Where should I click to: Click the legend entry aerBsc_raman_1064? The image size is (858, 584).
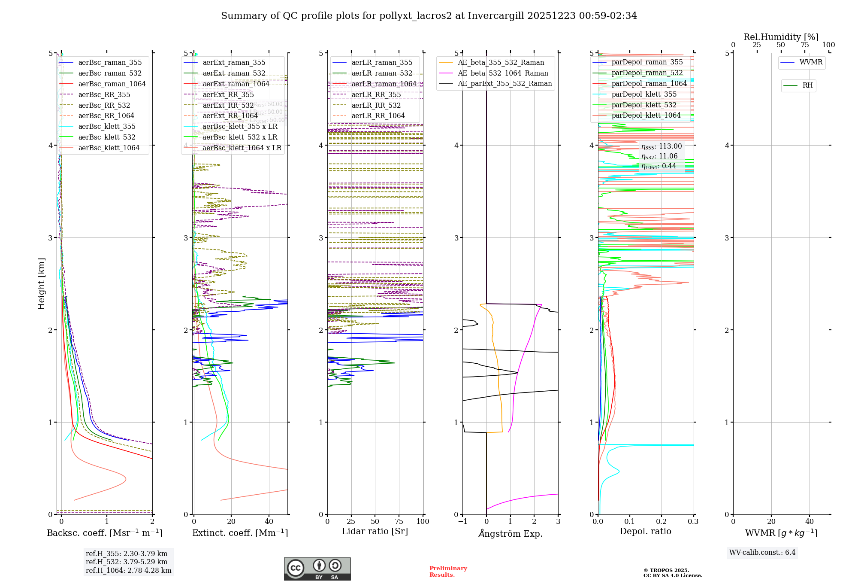pos(112,84)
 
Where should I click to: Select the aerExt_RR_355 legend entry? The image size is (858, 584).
pos(228,95)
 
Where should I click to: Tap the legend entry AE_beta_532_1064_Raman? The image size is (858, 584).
pos(503,73)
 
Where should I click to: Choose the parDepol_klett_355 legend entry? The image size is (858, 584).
pos(644,94)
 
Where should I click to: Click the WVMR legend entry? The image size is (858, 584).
pos(810,63)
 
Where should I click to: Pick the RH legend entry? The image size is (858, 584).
pos(807,86)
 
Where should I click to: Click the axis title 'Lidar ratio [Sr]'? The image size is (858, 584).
pos(375,532)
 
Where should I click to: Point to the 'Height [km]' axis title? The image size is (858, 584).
pos(42,284)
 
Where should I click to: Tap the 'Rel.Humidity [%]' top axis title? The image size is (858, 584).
pos(781,37)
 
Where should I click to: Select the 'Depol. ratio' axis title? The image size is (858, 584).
pos(646,532)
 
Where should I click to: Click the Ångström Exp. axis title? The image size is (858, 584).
pos(511,534)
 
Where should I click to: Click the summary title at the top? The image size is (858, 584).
pos(429,16)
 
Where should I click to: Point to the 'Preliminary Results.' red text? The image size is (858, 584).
pos(448,572)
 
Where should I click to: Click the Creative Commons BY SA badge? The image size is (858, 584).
pos(317,569)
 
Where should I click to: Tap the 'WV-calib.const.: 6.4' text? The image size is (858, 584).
pos(762,553)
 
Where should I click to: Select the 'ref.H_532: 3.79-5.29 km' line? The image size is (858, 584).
pos(127,562)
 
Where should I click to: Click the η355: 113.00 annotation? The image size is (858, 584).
pos(662,146)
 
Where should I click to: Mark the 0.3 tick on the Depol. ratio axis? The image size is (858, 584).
pos(693,522)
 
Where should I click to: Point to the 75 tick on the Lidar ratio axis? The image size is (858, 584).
pos(399,522)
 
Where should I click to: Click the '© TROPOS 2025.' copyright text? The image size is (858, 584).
pos(666,571)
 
